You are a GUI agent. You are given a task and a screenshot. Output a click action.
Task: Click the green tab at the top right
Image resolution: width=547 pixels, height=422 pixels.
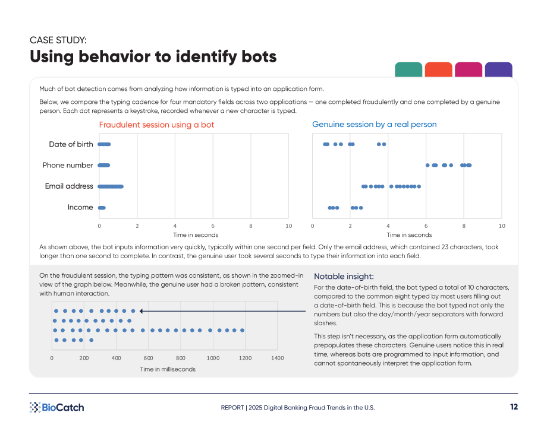click(x=408, y=69)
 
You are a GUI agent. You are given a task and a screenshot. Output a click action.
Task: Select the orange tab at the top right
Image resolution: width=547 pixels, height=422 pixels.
click(x=439, y=69)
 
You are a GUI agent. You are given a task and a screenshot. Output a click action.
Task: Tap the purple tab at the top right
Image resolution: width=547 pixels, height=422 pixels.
click(x=498, y=69)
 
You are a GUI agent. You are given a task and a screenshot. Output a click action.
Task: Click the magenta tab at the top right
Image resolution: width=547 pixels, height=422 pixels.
click(x=469, y=69)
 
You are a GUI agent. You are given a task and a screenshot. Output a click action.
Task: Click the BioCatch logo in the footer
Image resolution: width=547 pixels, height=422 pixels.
click(x=57, y=407)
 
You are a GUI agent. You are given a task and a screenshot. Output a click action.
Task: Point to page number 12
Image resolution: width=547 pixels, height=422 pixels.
click(x=514, y=407)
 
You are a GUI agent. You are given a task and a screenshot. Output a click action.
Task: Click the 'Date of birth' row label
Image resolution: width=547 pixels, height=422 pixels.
click(x=71, y=144)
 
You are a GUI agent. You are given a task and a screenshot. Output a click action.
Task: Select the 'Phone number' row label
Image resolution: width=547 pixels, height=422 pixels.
click(x=68, y=165)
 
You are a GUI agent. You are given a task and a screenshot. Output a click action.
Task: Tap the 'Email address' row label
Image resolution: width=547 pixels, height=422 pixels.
click(x=69, y=186)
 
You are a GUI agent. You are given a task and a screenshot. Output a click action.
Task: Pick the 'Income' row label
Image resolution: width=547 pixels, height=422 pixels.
click(x=80, y=207)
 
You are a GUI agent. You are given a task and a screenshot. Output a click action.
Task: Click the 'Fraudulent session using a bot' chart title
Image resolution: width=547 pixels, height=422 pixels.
click(x=156, y=125)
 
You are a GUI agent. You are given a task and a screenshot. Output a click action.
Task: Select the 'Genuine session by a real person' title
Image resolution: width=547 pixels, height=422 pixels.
click(x=375, y=124)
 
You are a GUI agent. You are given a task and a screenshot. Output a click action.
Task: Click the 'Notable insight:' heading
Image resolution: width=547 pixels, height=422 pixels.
click(x=344, y=277)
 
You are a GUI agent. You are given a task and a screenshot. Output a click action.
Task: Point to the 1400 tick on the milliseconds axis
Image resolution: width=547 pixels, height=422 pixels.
click(x=277, y=358)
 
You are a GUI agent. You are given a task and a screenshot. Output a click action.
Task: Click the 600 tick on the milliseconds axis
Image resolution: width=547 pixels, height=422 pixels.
click(x=148, y=358)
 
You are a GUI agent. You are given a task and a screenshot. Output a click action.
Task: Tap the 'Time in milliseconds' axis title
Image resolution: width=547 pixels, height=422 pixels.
click(x=168, y=369)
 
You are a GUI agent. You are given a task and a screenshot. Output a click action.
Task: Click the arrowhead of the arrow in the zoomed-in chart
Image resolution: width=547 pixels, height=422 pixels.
click(x=141, y=311)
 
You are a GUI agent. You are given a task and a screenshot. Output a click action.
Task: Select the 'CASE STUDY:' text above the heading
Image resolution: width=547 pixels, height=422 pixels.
click(x=58, y=40)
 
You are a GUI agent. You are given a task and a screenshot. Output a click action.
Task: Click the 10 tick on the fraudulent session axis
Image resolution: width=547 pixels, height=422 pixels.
click(x=289, y=226)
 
